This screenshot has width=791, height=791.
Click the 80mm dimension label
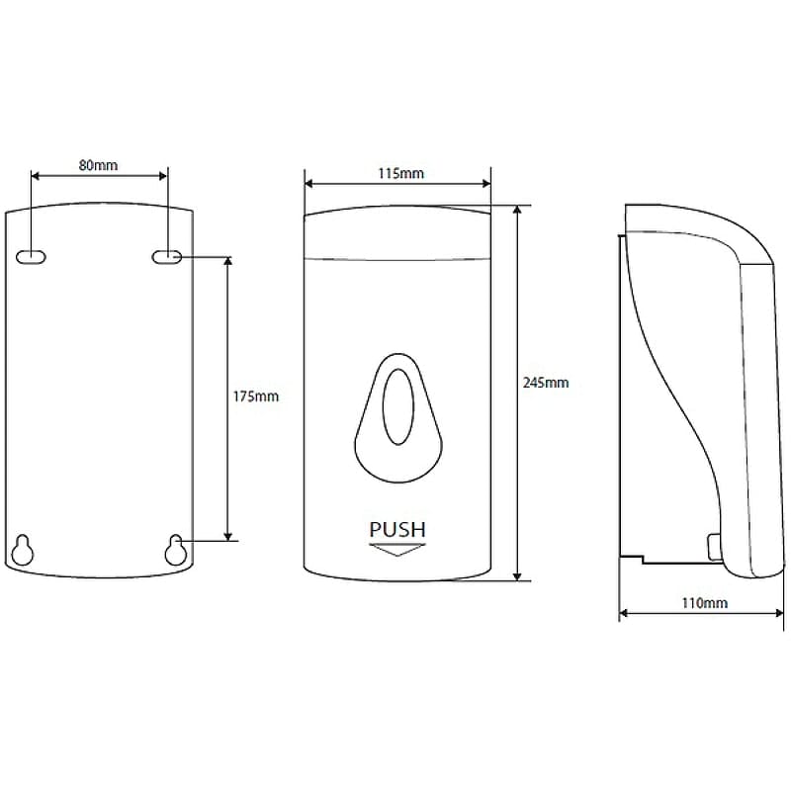coord(98,165)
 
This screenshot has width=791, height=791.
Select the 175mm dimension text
coord(255,396)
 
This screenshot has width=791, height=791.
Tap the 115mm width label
coord(401,174)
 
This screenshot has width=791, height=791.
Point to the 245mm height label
coord(546,383)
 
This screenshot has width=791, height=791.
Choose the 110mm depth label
coord(704,603)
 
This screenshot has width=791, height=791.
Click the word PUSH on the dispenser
coord(397,530)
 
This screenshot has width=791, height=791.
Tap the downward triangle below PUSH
coord(397,550)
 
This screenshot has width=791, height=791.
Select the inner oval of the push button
coord(398,406)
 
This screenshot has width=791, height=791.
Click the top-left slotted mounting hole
coord(32,257)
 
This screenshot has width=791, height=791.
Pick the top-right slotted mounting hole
coord(167,257)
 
